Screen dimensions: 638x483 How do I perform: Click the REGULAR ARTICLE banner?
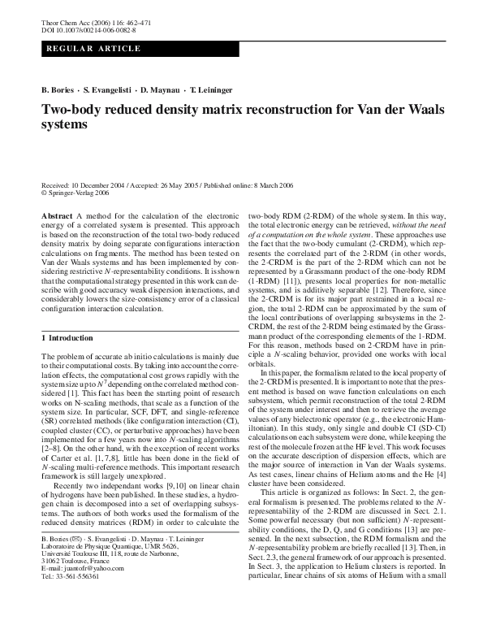81,50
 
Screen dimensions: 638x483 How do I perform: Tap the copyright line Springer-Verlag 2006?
76,193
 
